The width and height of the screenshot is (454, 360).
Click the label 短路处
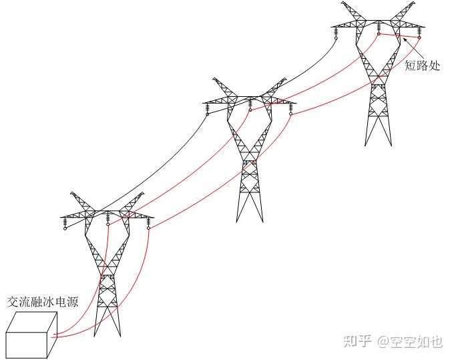423,66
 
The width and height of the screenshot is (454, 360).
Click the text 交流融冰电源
43,302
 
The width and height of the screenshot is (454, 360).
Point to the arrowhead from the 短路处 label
405,41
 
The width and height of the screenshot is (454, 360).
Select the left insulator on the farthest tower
336,33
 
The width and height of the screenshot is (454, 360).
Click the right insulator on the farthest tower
420,32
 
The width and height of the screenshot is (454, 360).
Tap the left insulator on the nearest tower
65,223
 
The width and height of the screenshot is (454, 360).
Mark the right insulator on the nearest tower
148,223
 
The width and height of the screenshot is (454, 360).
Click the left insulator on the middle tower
208,108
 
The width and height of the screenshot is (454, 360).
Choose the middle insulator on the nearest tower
107,218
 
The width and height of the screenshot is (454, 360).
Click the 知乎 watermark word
357,341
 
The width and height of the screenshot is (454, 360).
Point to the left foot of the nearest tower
95,334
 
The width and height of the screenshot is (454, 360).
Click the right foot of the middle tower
263,220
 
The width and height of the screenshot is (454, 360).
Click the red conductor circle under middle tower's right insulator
291,114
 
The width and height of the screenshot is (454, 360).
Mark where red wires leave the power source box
53,335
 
